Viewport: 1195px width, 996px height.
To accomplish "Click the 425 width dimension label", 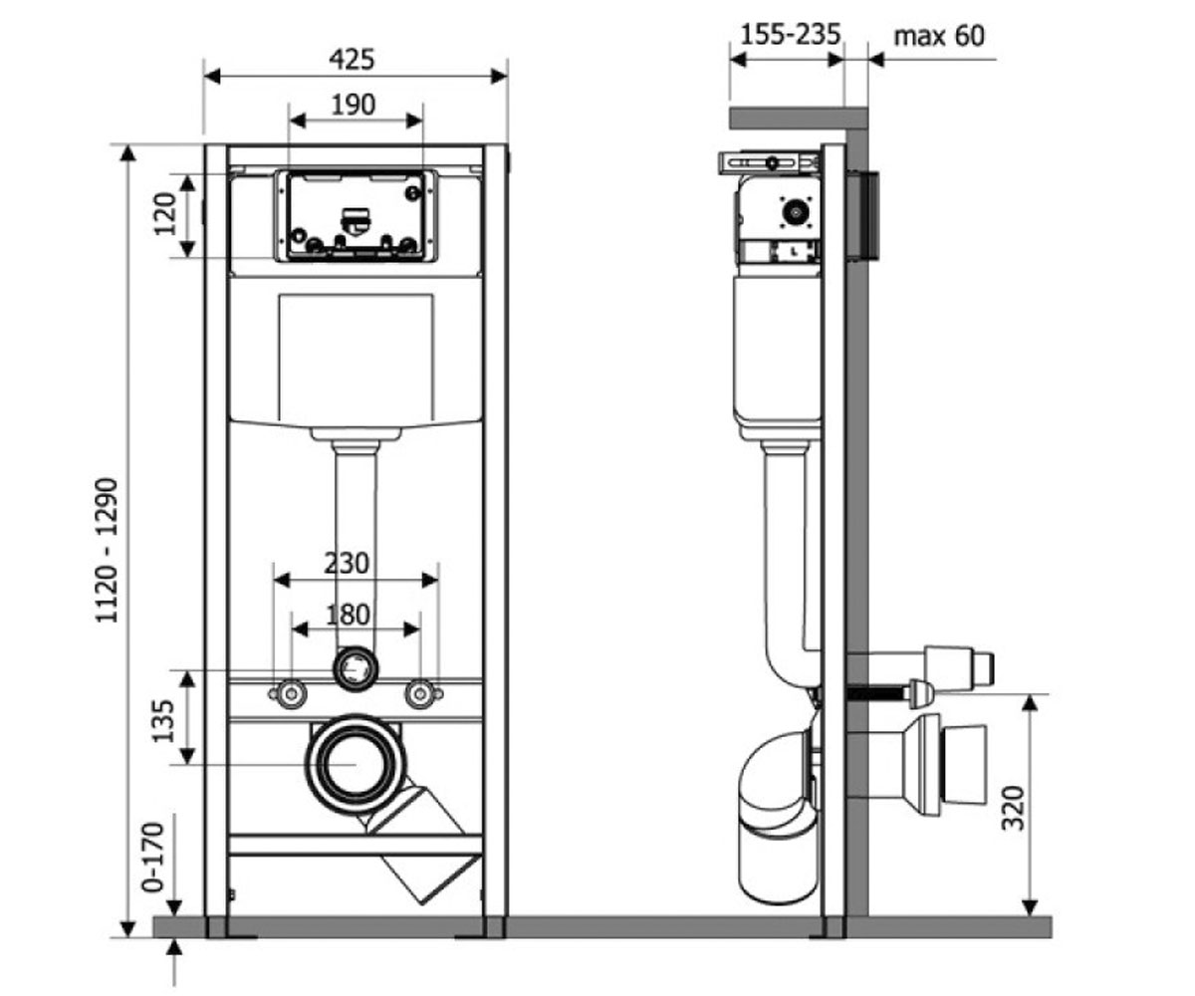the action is pos(352,59).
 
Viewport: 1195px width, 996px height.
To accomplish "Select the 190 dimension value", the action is pos(354,105).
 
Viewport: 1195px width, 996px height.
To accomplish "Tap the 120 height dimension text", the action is pos(165,214).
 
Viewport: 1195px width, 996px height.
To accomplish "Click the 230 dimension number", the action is pos(347,564).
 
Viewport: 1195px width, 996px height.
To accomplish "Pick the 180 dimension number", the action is pos(348,616).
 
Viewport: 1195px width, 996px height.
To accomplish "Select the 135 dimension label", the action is pos(163,721).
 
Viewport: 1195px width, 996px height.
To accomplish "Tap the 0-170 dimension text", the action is pos(152,858).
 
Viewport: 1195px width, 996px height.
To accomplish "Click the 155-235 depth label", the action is pos(791,34).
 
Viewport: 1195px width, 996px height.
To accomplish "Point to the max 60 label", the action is pos(939,37).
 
